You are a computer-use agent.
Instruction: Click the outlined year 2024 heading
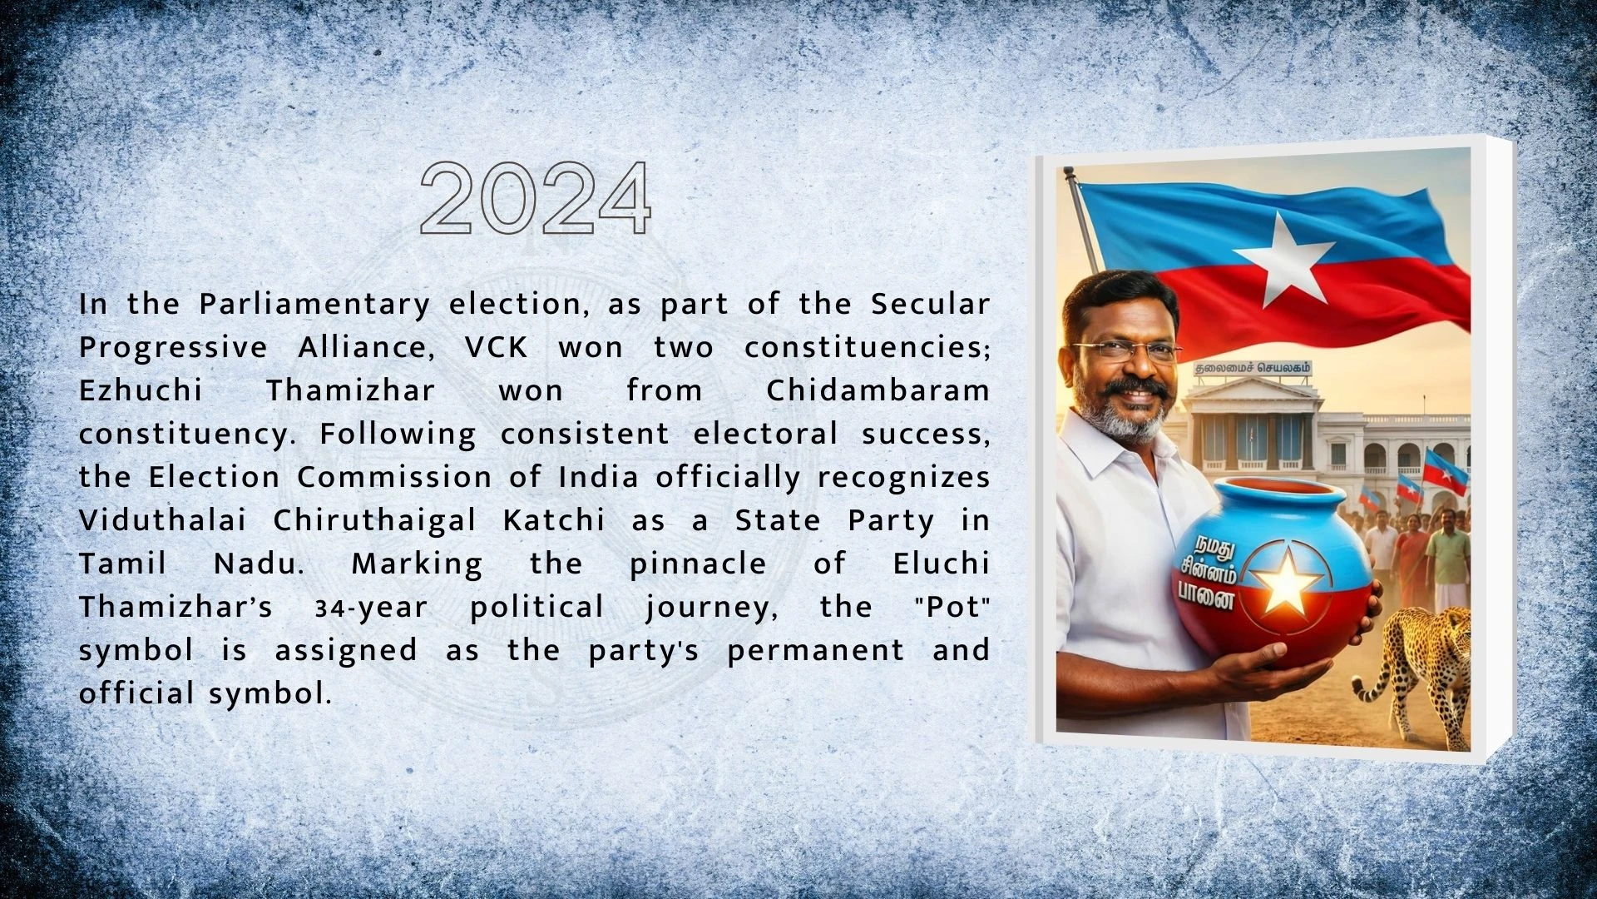[x=536, y=198]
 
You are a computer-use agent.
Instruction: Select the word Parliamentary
[x=314, y=305]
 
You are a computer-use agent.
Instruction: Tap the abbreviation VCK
[x=497, y=347]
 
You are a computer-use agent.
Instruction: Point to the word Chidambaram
[x=878, y=390]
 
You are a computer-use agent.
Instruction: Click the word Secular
[x=931, y=304]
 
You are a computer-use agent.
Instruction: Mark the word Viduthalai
[x=163, y=520]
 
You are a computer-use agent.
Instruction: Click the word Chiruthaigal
[x=375, y=521]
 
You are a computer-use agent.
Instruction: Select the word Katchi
[x=554, y=520]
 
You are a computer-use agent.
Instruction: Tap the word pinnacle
[x=698, y=564]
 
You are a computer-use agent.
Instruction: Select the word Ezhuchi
[x=141, y=390]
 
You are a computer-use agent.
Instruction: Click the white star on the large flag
[x=1286, y=259]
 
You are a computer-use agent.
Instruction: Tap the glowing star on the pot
[x=1286, y=580]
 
